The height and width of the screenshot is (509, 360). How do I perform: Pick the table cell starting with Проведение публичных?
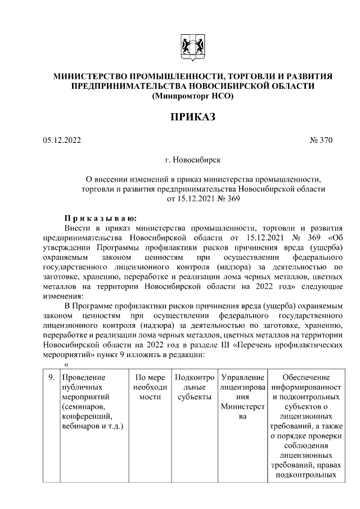click(93, 402)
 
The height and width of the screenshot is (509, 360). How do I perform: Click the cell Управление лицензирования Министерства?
click(242, 397)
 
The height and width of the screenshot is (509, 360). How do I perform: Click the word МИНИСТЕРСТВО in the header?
click(90, 76)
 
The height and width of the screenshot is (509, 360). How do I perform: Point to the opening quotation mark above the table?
click(59, 364)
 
